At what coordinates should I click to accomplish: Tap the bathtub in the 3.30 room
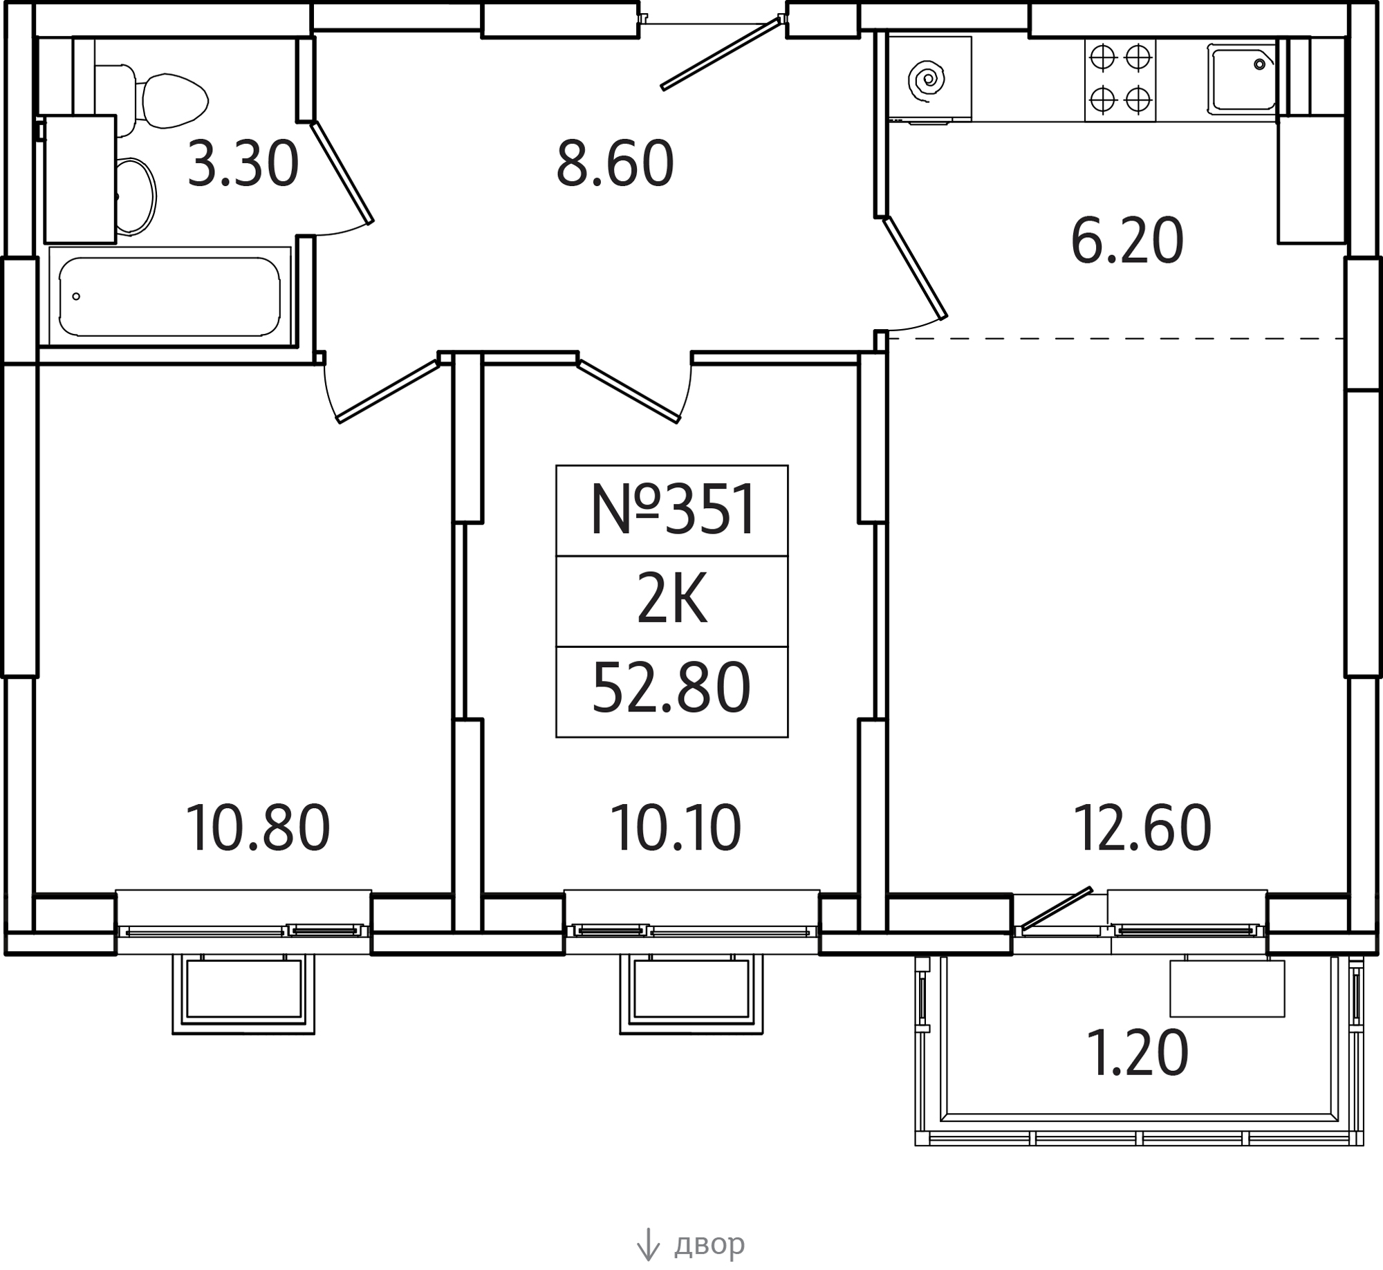pos(169,296)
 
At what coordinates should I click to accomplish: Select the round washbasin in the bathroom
pos(135,197)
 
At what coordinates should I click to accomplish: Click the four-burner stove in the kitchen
pos(1120,80)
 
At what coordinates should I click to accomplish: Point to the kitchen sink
pos(1242,78)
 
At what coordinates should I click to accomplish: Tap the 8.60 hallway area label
pos(615,164)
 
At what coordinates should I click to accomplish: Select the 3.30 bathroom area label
pos(243,164)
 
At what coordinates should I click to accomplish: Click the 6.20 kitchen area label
pos(1126,241)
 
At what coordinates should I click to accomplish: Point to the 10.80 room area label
pos(258,828)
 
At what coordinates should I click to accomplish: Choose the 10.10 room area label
pos(676,828)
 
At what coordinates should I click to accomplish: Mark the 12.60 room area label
pos(1142,828)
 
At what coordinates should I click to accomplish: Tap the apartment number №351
pos(672,510)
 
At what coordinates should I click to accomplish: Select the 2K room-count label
pos(672,601)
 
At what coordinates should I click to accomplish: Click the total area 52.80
pos(671,689)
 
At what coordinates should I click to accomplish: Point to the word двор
pos(709,1244)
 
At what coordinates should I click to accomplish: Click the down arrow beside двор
pos(648,1244)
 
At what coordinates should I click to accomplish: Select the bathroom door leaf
pos(342,172)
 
